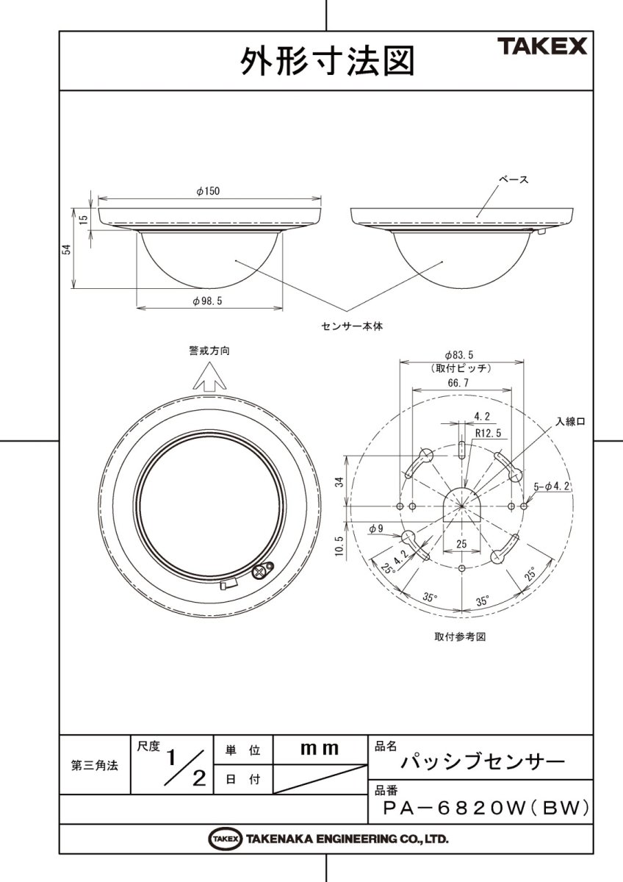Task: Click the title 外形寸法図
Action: (x=327, y=61)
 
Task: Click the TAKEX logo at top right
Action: (x=543, y=47)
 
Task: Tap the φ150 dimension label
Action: (x=209, y=190)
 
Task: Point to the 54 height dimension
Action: (x=66, y=249)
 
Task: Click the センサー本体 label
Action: (x=353, y=324)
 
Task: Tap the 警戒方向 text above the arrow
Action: (x=209, y=351)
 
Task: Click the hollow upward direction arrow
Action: (x=209, y=378)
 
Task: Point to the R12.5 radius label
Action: (x=488, y=434)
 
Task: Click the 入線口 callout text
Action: (x=570, y=422)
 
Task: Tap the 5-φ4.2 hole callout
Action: (x=553, y=486)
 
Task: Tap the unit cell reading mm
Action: (x=320, y=750)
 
